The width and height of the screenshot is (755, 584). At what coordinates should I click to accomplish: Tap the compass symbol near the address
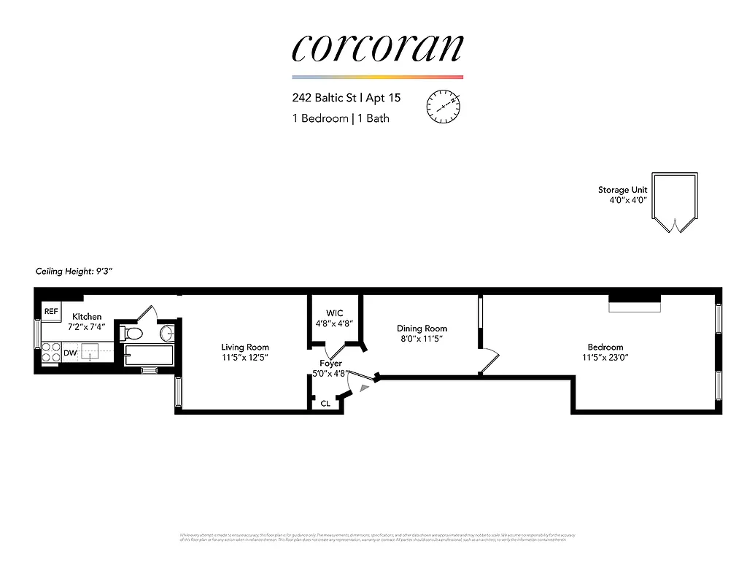coord(443,106)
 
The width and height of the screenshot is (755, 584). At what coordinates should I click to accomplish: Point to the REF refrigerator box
coord(51,312)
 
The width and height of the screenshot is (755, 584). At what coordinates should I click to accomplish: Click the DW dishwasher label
coord(70,353)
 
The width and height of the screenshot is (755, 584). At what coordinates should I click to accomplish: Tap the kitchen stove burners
coord(51,353)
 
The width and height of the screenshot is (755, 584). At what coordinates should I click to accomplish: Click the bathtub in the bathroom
coord(149,356)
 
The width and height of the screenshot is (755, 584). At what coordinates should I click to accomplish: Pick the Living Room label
coord(245,347)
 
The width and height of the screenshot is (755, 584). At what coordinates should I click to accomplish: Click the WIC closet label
coord(334,313)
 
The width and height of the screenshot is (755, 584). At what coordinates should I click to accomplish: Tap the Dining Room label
coord(422,328)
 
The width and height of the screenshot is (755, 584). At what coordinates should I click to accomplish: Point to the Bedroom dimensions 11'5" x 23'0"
coord(605,358)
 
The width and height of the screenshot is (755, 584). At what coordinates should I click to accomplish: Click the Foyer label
coord(330,363)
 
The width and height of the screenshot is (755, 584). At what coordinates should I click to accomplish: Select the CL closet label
coord(325,403)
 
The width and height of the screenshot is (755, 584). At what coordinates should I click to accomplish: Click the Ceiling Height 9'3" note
coord(74,272)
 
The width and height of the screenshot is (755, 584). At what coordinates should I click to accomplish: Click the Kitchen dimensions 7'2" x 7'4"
coord(87,327)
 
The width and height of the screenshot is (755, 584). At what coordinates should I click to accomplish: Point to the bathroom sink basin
coord(167,334)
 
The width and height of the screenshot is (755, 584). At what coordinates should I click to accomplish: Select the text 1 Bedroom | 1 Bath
coord(341,118)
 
